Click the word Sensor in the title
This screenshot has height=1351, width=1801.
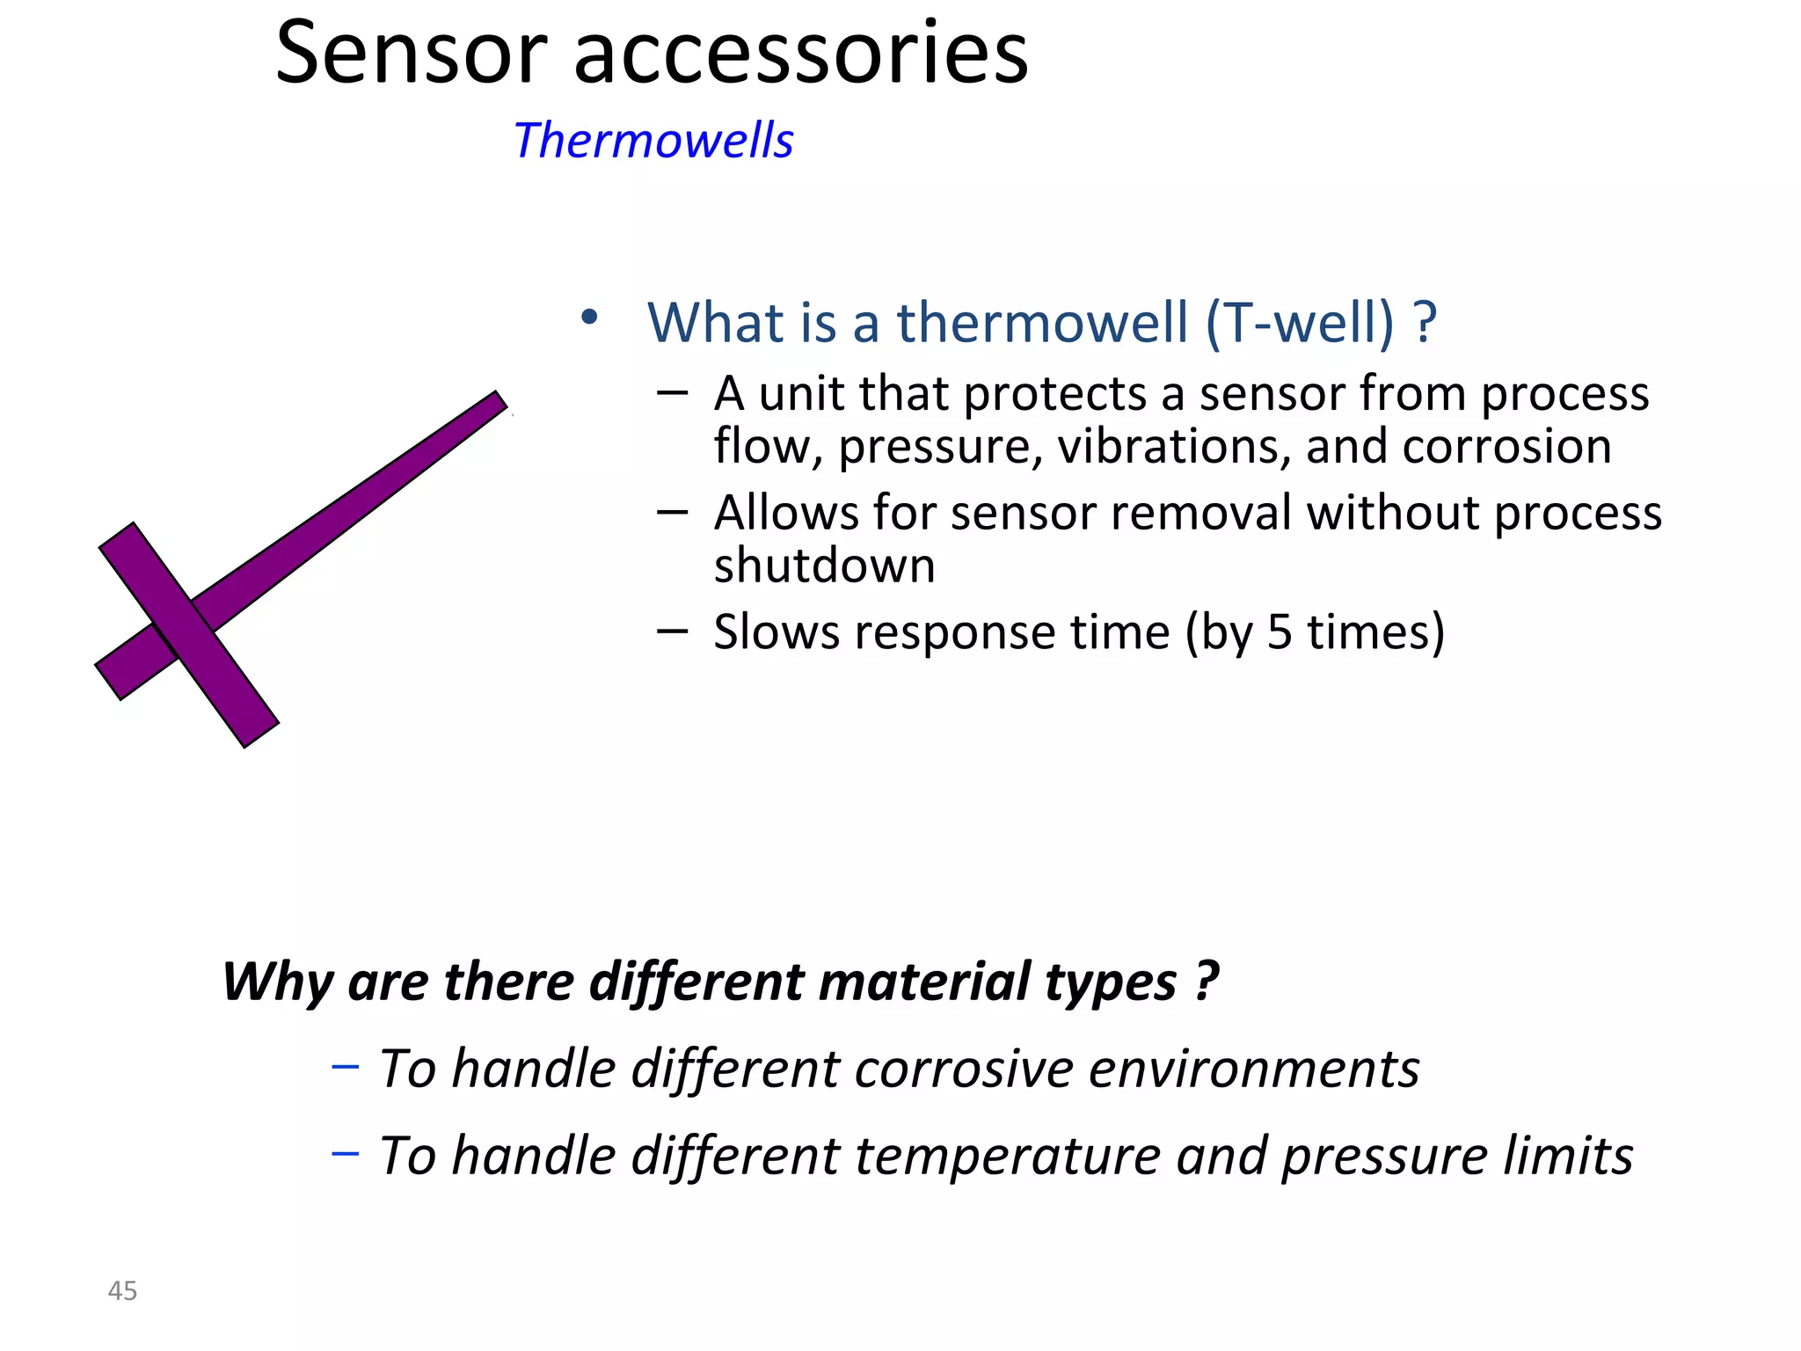pyautogui.click(x=412, y=55)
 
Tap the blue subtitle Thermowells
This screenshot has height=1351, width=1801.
pyautogui.click(x=653, y=141)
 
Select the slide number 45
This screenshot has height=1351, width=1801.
pyautogui.click(x=122, y=1290)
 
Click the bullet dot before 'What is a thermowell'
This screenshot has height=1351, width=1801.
pyautogui.click(x=589, y=317)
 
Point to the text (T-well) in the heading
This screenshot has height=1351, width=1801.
pyautogui.click(x=1300, y=322)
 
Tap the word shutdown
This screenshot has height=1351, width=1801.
pyautogui.click(x=824, y=566)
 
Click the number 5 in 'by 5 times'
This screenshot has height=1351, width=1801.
pyautogui.click(x=1280, y=632)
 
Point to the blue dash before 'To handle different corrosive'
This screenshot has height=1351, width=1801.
pyautogui.click(x=345, y=1067)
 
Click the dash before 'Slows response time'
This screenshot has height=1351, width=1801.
pyautogui.click(x=672, y=630)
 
